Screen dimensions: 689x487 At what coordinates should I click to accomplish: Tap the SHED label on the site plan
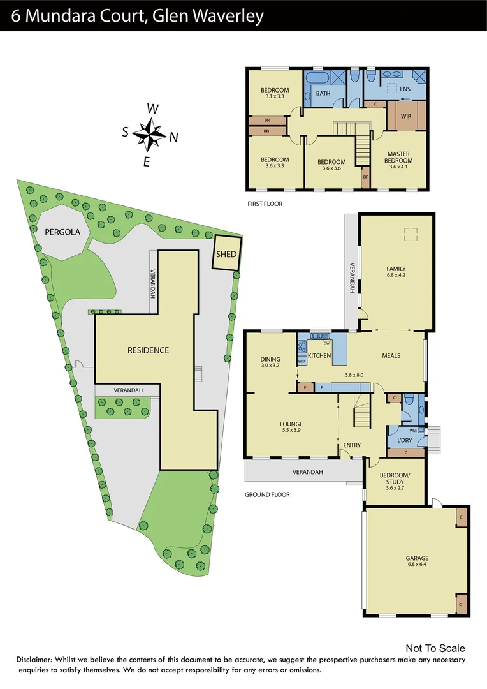click(x=226, y=254)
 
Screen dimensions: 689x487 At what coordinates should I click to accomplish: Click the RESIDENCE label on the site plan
click(x=148, y=350)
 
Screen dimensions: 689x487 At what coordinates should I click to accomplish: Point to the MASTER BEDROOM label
click(x=399, y=157)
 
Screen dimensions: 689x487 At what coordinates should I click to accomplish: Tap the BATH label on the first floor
click(x=323, y=94)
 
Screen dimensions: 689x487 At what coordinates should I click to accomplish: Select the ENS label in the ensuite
click(x=405, y=89)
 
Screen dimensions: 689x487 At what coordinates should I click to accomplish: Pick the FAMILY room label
click(x=396, y=269)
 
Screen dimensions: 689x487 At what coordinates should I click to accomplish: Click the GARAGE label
click(x=417, y=558)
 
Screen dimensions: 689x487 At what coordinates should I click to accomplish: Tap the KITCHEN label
click(x=319, y=355)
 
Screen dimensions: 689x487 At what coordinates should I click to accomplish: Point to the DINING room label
click(x=270, y=359)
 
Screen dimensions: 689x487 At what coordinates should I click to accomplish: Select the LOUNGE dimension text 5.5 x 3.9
click(x=291, y=431)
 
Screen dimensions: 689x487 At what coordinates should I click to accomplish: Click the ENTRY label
click(x=351, y=445)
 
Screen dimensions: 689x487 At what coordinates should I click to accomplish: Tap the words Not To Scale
click(x=435, y=649)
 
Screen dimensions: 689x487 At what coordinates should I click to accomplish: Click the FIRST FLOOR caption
click(x=265, y=204)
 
